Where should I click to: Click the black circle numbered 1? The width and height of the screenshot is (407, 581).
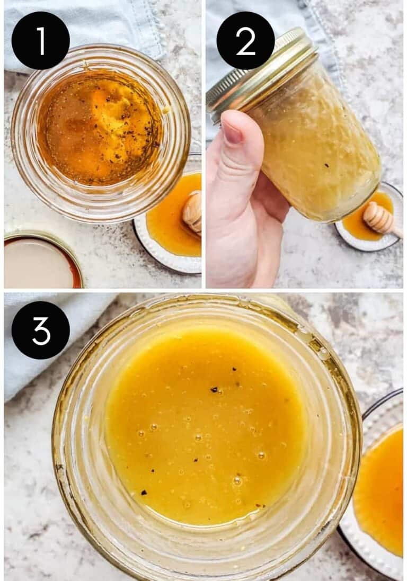[40, 41]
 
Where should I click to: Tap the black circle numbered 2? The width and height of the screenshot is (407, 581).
[245, 41]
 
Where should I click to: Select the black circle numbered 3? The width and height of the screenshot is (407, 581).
[40, 330]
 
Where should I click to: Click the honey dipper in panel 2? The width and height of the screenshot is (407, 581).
[379, 217]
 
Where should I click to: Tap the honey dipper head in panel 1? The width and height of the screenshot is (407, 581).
[193, 212]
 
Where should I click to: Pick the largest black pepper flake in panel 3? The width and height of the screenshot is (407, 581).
[215, 390]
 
